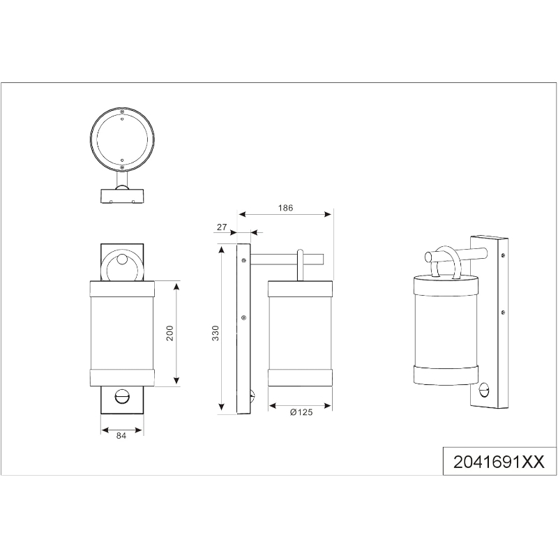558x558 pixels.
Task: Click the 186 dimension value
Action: point(285,208)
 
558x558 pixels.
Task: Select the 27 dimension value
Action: point(222,227)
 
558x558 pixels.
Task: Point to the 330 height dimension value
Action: point(216,333)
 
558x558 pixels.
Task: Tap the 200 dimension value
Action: point(169,333)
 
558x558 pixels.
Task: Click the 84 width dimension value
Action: point(121,435)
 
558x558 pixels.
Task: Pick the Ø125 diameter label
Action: point(301,412)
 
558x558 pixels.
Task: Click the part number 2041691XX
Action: point(499,462)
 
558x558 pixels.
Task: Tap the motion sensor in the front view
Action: point(122,396)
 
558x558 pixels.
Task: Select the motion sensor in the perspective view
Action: point(484,391)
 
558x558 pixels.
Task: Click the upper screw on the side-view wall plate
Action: point(243,261)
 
